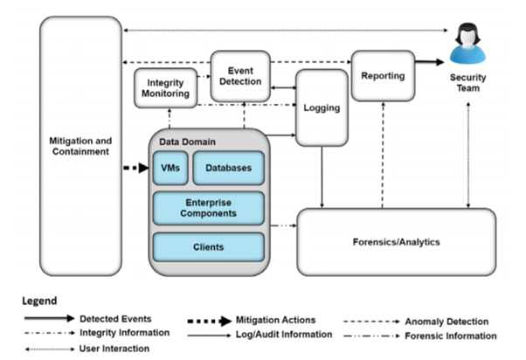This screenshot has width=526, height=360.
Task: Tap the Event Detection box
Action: point(239,75)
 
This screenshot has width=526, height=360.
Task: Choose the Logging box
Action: point(322,108)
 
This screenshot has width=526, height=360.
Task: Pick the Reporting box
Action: point(383,76)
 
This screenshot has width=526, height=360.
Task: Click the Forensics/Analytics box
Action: point(397,242)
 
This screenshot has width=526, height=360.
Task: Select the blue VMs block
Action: point(170,169)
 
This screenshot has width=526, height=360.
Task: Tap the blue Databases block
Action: point(228,169)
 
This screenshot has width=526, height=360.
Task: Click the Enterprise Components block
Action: point(209,207)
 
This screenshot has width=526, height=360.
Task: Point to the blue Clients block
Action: point(209,246)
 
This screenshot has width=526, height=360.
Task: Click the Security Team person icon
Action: point(468,45)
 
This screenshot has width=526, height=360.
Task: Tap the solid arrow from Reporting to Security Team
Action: point(429,62)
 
